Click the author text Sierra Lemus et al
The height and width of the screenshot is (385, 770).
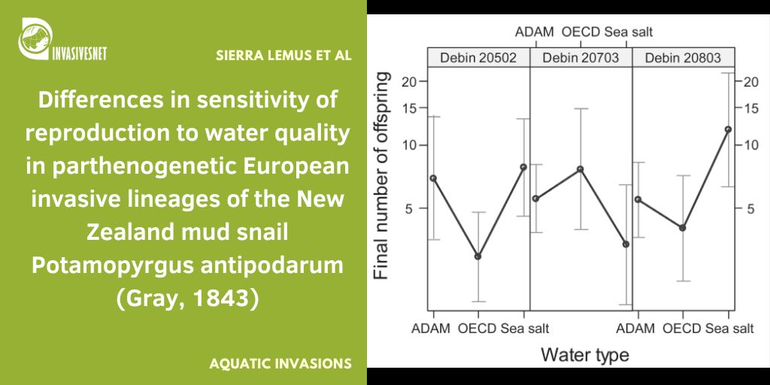coord(283,56)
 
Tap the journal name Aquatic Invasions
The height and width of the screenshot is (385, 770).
coord(280,363)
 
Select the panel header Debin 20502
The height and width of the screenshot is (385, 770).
coord(478,58)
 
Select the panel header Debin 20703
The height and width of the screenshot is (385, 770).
coord(581,58)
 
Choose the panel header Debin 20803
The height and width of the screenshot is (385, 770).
coord(683,58)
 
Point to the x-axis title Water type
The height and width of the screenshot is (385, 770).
coord(584,354)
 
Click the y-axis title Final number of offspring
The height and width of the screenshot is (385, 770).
coord(383,175)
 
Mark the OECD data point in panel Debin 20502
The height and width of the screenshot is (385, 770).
coord(477,256)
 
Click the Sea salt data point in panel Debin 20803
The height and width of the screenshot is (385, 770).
coord(728,129)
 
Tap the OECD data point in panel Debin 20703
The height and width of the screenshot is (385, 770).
coord(580,169)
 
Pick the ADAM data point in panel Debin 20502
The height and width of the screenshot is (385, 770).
coord(432,178)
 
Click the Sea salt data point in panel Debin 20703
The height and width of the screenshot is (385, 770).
coord(626,244)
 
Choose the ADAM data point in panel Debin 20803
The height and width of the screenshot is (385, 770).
coord(638,199)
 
